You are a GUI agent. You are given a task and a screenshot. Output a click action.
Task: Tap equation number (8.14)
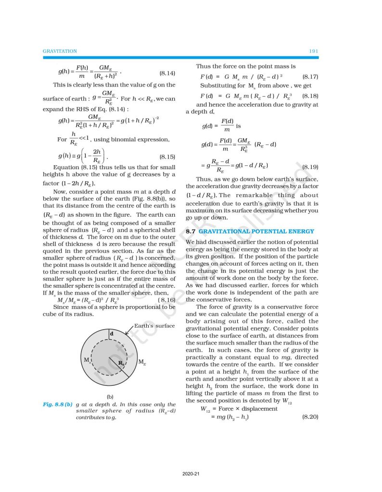tap(167, 74)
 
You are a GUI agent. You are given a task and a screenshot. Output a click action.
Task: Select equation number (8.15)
tap(167, 157)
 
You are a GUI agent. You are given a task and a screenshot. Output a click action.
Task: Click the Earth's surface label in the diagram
tap(155, 326)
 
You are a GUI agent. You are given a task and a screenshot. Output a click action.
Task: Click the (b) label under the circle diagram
tap(110, 397)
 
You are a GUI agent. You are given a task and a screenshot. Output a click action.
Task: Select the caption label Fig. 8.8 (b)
tap(57, 405)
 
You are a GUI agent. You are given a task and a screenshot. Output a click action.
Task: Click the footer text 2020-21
tap(191, 475)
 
